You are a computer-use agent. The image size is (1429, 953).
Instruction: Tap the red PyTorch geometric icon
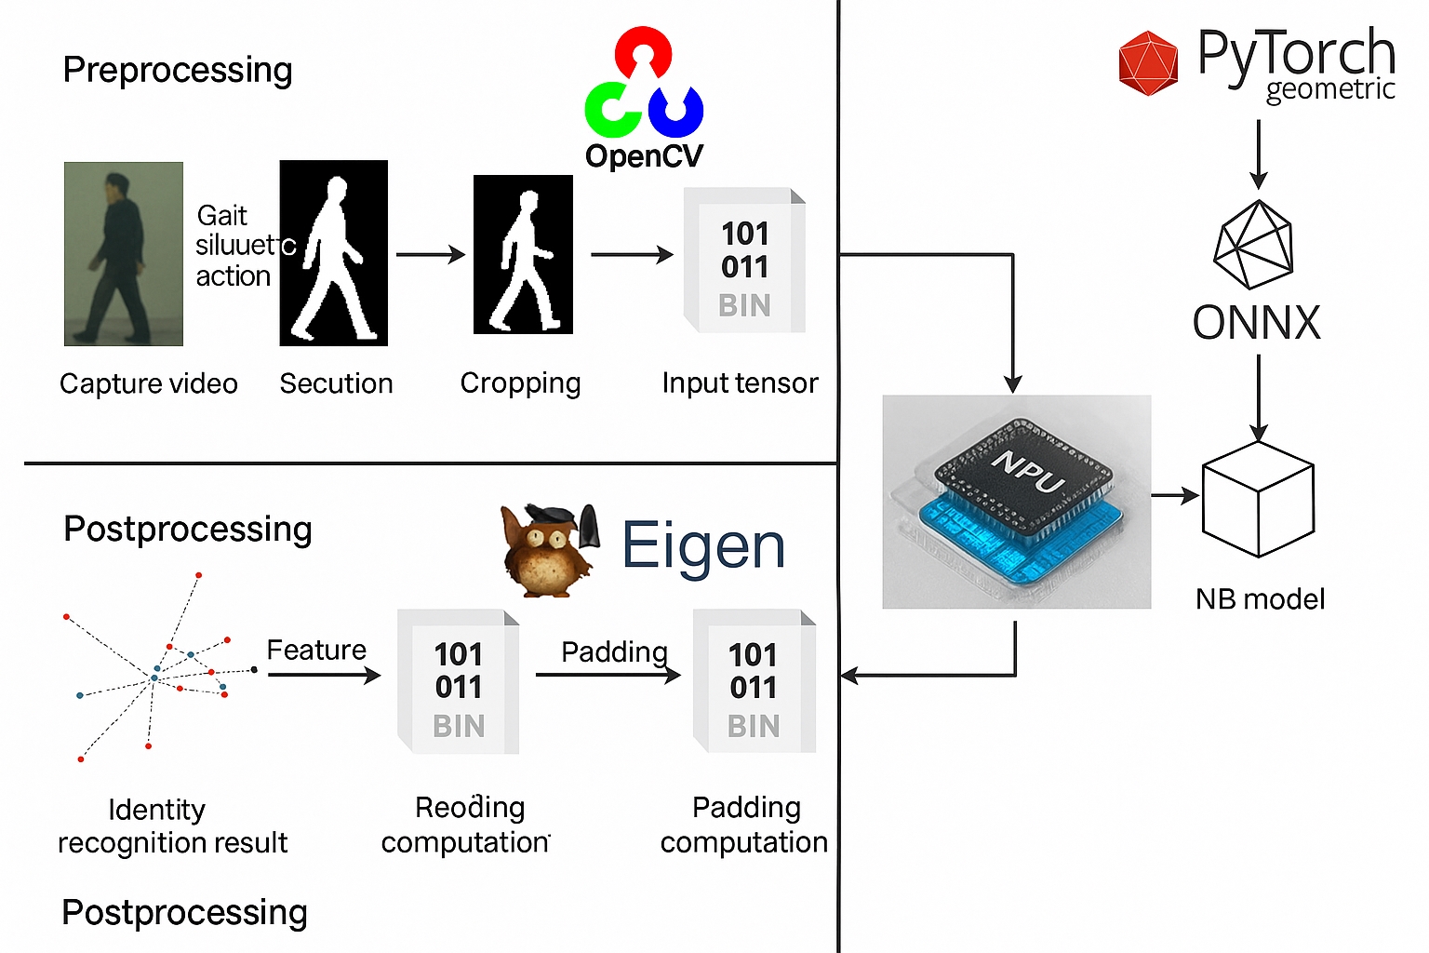(1148, 63)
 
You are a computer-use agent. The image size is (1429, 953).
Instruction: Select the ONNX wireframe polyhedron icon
(1254, 245)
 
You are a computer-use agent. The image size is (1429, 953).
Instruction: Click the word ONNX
(1256, 323)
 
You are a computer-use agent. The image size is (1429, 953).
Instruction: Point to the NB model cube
(1258, 500)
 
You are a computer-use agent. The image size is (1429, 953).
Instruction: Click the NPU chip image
(1016, 502)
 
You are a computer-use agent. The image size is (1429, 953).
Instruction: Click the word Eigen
(703, 546)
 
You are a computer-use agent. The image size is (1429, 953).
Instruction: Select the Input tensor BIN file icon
(744, 261)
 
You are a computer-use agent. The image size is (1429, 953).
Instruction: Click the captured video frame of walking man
(123, 254)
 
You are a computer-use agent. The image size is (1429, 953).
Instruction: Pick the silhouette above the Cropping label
(523, 254)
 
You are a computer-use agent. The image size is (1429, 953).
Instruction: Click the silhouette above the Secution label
(333, 253)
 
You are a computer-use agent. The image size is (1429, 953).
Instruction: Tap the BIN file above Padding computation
(755, 681)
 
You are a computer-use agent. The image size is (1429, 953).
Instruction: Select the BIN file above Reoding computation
(459, 681)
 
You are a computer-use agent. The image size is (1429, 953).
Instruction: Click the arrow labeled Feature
(324, 675)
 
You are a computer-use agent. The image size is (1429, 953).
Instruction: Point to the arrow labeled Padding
(608, 675)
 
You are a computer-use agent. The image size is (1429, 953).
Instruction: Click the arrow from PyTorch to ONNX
(1258, 154)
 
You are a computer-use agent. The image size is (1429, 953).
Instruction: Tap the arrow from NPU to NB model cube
(1175, 496)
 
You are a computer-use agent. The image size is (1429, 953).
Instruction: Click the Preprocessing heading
(178, 70)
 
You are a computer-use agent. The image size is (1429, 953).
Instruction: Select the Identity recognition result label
(172, 825)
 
